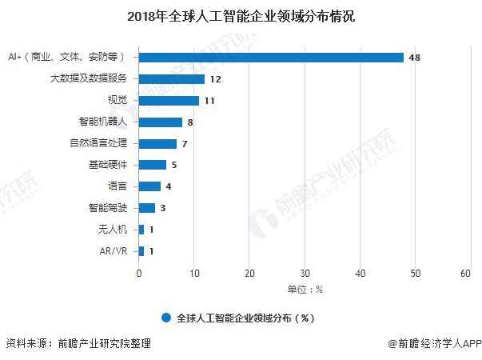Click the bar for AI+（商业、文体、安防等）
click(x=272, y=58)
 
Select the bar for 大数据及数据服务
click(x=172, y=79)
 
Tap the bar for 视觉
click(x=169, y=101)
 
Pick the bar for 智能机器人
click(x=161, y=122)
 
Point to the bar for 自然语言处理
click(x=158, y=144)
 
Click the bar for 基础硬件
click(x=153, y=165)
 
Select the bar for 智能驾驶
click(x=147, y=208)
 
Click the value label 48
click(x=414, y=58)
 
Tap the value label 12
click(x=215, y=79)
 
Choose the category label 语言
click(x=118, y=186)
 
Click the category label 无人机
click(x=113, y=230)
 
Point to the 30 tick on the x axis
click(x=305, y=274)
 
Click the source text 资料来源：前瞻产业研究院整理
click(x=78, y=344)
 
